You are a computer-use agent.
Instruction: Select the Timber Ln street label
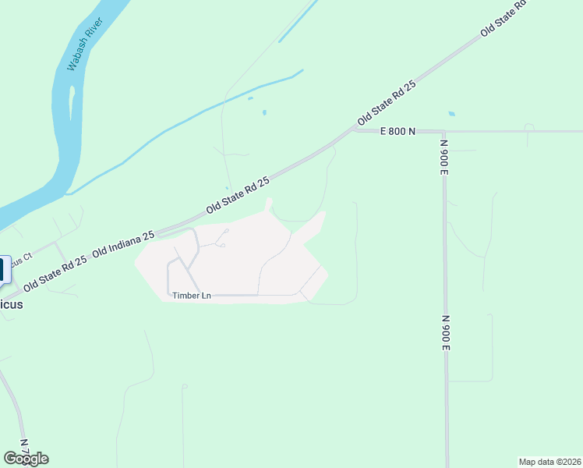point(192,296)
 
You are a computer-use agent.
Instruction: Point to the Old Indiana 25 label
point(124,243)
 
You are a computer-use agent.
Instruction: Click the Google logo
point(26,459)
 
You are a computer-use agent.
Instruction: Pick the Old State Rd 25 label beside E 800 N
point(387,104)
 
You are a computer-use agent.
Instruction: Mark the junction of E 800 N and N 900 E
point(444,132)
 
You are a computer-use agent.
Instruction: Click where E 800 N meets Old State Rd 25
point(352,131)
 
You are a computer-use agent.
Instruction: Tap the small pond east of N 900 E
point(452,114)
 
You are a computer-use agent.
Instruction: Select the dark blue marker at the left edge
point(2,270)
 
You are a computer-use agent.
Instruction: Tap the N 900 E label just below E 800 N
point(443,156)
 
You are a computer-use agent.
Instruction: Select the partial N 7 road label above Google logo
point(24,445)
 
